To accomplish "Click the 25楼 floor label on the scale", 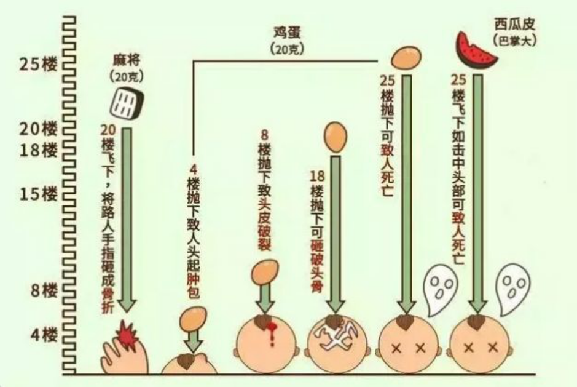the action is point(39,65).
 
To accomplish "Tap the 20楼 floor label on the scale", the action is point(39,129).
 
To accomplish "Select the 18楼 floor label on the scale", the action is point(39,150).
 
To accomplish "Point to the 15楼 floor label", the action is point(39,193).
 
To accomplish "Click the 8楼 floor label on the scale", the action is point(44,290).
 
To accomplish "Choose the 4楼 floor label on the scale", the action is point(44,335).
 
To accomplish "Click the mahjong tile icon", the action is point(127,103).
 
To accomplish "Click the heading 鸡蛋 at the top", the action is point(287,33).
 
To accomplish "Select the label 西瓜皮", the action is point(514,25).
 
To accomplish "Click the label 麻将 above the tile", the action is point(127,60).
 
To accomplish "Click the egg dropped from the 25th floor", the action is point(406,57).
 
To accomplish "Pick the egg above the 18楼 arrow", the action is point(336,137).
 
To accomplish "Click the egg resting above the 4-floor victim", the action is point(193,319).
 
